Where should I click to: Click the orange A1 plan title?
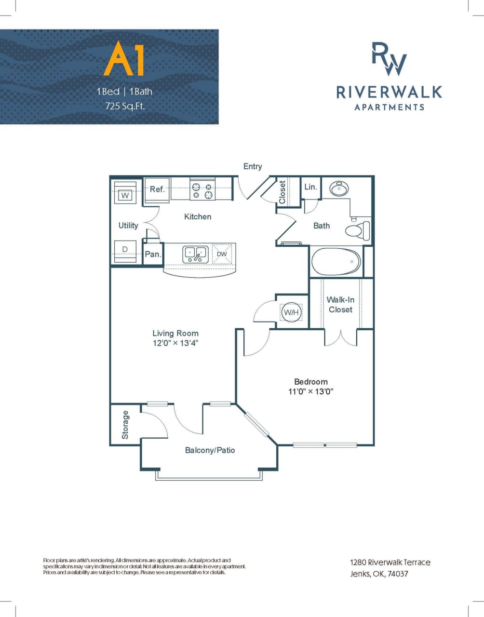124,59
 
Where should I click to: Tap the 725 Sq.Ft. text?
125,106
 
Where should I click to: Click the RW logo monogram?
389,59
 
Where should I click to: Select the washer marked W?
125,195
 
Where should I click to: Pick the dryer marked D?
125,249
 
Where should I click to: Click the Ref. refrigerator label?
157,189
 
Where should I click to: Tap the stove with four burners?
202,190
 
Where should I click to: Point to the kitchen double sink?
195,254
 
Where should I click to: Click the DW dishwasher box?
222,254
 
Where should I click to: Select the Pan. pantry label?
153,254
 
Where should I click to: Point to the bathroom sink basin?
340,188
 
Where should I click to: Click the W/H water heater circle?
291,312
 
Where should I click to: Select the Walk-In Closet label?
340,305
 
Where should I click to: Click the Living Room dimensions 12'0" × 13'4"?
175,343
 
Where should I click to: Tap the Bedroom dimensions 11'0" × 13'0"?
311,391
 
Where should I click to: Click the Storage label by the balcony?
125,425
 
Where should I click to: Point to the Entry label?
253,166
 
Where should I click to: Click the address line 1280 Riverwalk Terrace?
390,562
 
